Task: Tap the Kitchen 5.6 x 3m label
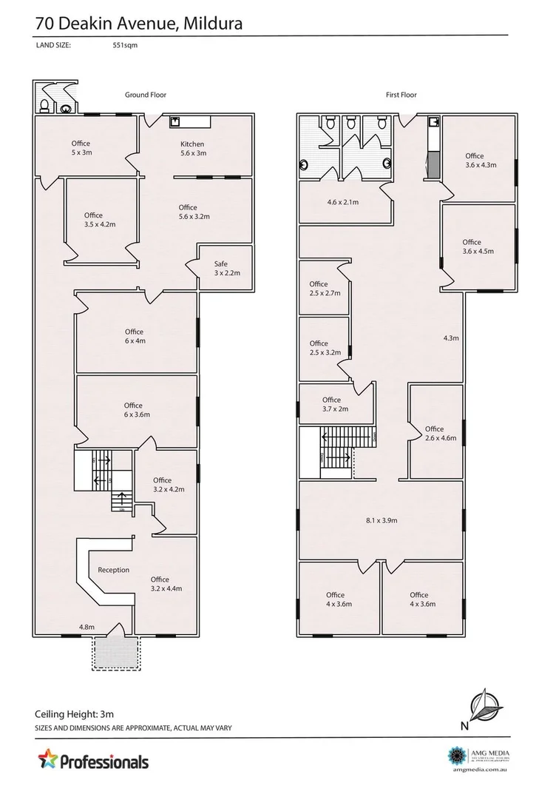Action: pos(192,149)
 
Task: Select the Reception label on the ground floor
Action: pos(113,570)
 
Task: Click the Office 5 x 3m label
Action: pos(81,148)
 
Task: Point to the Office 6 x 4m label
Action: pos(134,336)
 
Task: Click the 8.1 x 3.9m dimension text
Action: pos(382,521)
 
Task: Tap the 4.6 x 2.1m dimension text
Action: pos(342,202)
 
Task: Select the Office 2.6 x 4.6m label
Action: pos(434,434)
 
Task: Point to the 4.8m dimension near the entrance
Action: pos(87,627)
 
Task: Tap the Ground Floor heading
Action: pos(145,95)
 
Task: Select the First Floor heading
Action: pos(401,95)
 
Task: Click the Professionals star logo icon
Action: pos(47,759)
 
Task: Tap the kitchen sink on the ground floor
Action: pos(175,122)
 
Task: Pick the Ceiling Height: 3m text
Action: pos(75,715)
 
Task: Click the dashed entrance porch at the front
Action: pos(115,652)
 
